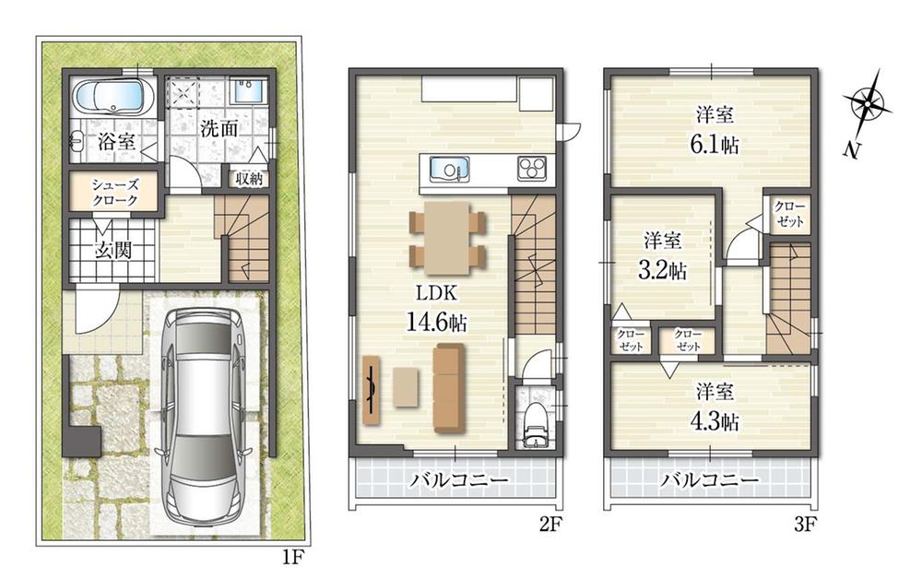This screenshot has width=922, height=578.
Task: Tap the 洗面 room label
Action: click(219, 129)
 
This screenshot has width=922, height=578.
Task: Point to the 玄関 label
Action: click(112, 251)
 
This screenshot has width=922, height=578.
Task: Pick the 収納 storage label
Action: click(249, 179)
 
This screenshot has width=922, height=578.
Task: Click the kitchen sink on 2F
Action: click(450, 170)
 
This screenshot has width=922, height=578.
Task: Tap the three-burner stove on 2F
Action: click(532, 169)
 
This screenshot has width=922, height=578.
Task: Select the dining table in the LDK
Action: click(447, 238)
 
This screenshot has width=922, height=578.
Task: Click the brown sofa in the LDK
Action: click(449, 389)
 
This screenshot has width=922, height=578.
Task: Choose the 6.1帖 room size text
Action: click(715, 144)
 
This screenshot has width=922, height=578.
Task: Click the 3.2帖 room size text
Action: click(662, 270)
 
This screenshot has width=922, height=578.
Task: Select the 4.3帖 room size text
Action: click(715, 421)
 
